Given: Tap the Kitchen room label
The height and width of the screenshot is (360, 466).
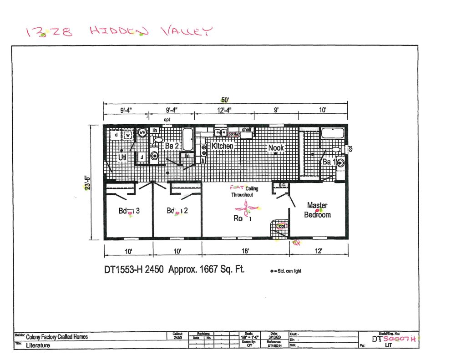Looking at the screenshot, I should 223,146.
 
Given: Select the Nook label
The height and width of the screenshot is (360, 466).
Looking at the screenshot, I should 276,147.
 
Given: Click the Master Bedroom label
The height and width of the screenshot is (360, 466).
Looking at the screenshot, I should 317,210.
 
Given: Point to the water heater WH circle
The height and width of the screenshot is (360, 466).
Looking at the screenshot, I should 142,132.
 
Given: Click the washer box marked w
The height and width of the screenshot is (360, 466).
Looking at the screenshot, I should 128,135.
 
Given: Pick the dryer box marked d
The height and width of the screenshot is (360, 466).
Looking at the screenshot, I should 116,135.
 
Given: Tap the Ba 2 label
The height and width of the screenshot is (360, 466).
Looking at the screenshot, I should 171,146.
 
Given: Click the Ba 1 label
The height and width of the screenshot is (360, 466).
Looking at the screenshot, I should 328,162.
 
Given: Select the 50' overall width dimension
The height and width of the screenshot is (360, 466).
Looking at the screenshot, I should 225,100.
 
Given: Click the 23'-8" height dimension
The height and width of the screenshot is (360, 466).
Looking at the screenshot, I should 86,183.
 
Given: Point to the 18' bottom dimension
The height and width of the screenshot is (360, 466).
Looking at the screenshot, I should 245,251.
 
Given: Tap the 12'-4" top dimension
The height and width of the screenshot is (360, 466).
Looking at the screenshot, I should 223,110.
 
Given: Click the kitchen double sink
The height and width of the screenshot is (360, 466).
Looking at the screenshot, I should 221,132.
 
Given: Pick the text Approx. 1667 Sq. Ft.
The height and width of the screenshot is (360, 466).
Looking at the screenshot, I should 207,269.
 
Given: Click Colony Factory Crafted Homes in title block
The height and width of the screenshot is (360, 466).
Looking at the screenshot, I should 57,337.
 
